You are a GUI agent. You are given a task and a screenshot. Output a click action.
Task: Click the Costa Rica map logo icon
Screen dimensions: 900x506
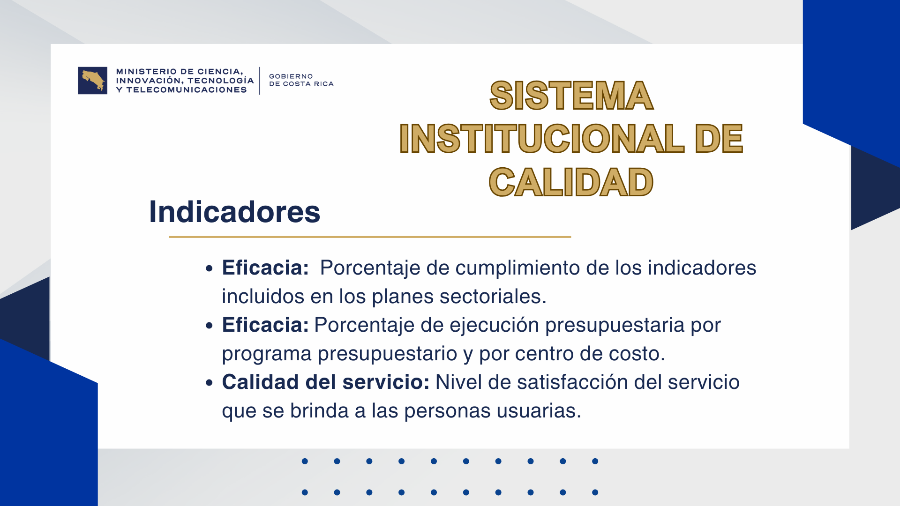(x=93, y=81)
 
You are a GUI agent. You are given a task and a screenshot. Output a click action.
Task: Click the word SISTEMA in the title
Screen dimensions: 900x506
(x=571, y=96)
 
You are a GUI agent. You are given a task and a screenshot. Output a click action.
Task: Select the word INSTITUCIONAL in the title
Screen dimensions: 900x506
(x=541, y=139)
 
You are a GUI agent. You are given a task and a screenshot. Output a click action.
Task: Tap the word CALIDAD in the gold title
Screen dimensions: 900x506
(x=571, y=182)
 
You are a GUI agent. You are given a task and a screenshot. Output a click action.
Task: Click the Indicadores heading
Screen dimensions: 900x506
(x=234, y=212)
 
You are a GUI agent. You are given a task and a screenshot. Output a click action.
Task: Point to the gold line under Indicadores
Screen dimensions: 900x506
(x=370, y=237)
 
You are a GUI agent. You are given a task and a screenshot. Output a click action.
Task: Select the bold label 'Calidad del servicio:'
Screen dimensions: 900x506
(x=326, y=382)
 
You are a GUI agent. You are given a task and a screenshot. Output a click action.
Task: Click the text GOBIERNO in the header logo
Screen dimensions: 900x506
(x=291, y=76)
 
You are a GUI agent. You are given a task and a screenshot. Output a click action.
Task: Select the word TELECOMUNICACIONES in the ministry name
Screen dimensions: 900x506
(x=187, y=90)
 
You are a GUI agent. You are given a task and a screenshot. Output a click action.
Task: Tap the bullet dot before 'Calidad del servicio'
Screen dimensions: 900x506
(x=209, y=383)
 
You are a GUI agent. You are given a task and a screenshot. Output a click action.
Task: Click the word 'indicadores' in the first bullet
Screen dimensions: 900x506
(x=702, y=268)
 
